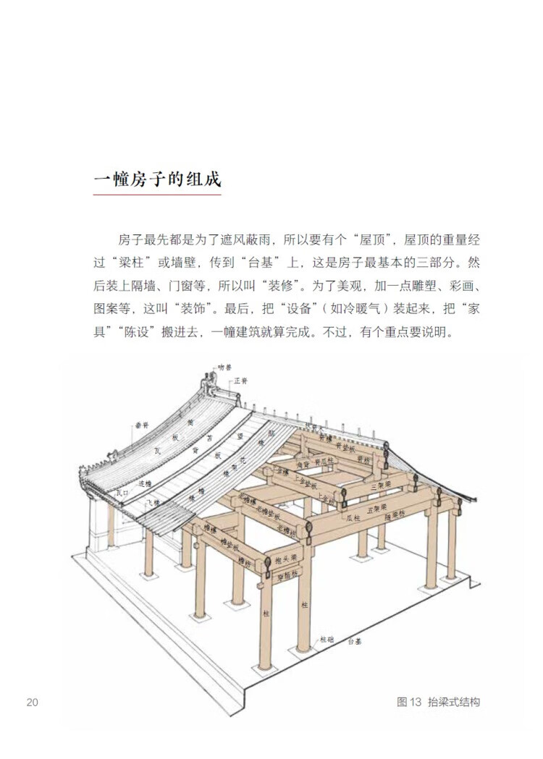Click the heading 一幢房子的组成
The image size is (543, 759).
[157, 179]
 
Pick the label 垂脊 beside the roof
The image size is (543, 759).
[140, 425]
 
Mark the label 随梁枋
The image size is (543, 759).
[397, 517]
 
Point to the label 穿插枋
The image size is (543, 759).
[287, 577]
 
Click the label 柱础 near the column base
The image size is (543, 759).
[327, 640]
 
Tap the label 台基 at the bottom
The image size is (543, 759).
[353, 642]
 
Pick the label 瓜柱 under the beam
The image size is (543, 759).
[353, 518]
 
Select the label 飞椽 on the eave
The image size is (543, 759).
[152, 501]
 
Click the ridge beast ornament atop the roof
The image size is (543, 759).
[209, 379]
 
